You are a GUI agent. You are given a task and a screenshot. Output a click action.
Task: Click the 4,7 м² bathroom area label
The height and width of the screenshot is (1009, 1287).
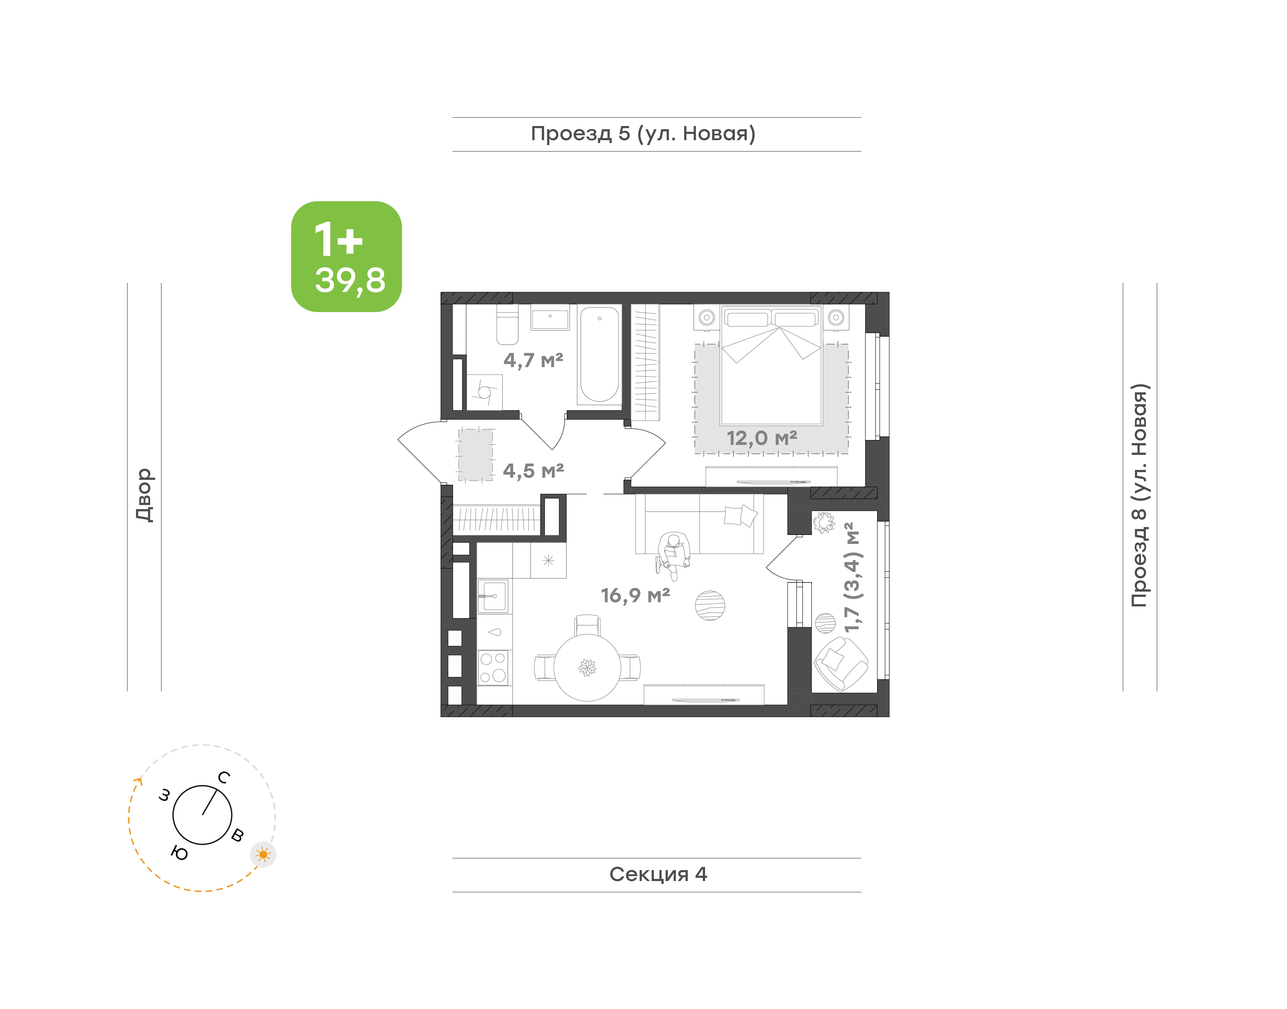point(533,360)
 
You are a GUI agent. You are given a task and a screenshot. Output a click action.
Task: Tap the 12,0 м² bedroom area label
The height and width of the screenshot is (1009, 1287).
point(762,438)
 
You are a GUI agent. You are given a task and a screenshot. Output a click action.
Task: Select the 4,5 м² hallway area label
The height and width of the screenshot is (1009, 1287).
point(533,471)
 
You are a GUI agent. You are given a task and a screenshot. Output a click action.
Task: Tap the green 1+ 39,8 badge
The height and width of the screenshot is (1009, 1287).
point(346,256)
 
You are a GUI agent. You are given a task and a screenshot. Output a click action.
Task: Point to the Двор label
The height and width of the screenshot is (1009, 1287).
point(144,495)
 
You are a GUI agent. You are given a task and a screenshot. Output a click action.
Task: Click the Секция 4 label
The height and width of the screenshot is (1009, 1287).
point(658,874)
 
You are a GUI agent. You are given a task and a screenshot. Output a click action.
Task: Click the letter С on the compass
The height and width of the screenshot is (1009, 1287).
point(224,777)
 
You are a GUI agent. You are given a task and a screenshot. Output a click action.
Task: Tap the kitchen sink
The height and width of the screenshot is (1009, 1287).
point(493,595)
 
